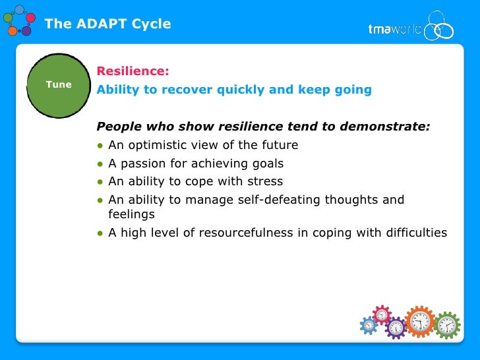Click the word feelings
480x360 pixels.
click(x=131, y=215)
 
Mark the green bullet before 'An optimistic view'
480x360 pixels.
click(x=100, y=146)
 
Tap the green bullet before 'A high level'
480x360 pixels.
click(x=100, y=233)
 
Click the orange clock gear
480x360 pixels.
click(x=419, y=322)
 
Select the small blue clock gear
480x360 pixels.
click(x=369, y=325)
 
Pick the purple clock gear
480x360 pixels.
click(x=396, y=328)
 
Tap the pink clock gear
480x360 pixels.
click(x=382, y=314)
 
